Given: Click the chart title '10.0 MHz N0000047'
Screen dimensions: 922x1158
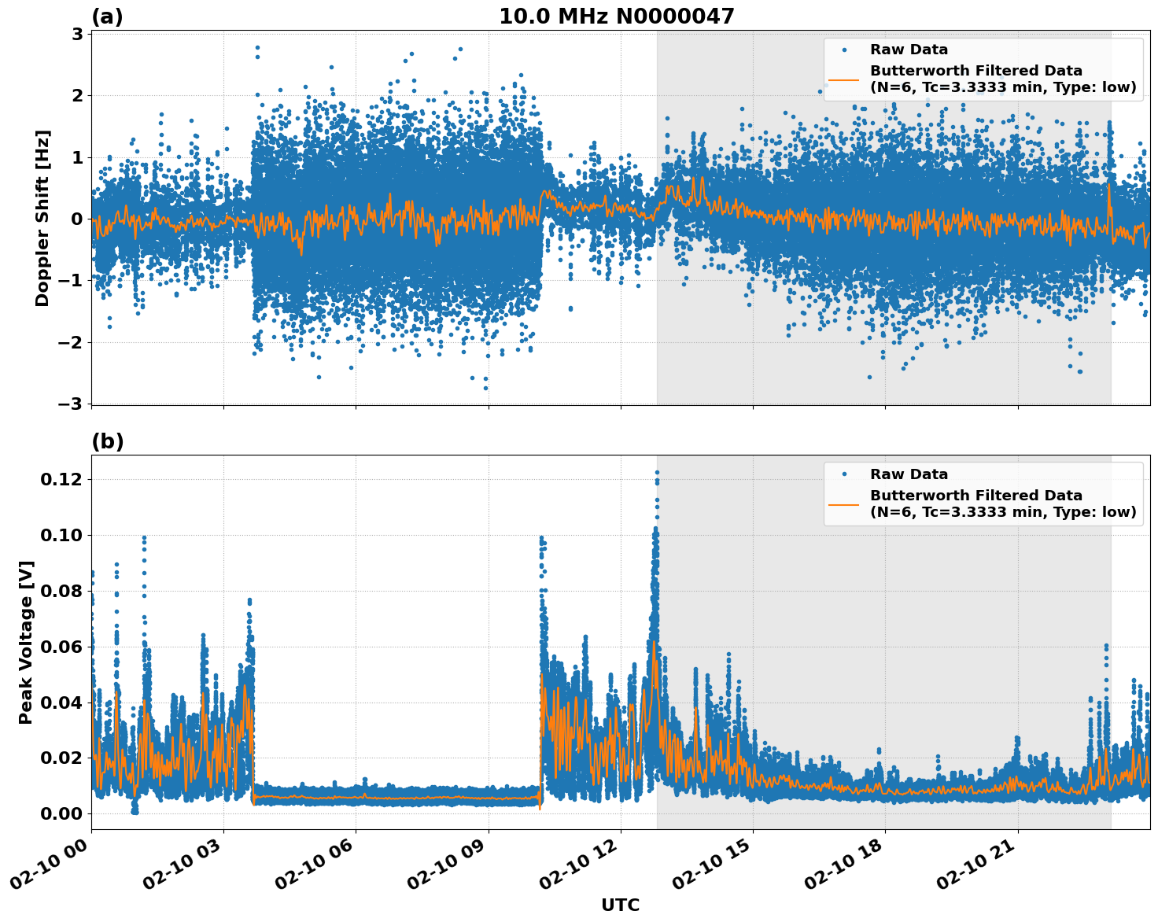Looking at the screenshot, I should pos(616,17).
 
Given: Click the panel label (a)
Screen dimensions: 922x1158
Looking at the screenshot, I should pos(107,17).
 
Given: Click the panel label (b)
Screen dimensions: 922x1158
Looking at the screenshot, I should pos(107,441).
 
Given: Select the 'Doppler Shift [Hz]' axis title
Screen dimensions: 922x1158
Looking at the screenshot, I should pos(42,218).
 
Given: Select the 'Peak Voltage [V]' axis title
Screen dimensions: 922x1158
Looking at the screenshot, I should pos(26,642).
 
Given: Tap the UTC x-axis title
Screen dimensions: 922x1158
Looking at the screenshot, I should pos(620,905).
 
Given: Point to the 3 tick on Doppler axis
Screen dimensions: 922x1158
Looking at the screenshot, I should pos(77,34).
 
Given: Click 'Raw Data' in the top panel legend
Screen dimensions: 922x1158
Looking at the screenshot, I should pos(909,50).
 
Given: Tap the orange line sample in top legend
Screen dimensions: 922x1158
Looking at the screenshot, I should pos(843,79).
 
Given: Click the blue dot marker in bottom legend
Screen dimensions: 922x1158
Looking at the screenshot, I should pos(844,474).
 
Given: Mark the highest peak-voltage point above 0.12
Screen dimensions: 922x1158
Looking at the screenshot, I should pos(657,473).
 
